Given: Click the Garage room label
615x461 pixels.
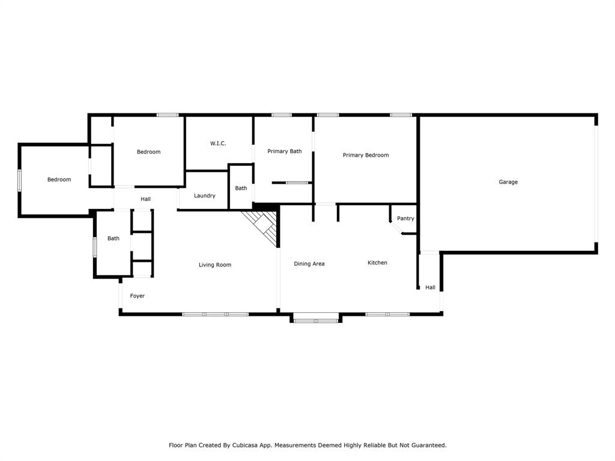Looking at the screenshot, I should (508, 182).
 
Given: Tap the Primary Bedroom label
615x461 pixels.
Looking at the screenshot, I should (365, 155).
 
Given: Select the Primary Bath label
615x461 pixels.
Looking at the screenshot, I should (285, 151).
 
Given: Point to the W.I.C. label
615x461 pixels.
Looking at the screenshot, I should (218, 143).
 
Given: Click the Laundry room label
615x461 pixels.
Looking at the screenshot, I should (205, 196).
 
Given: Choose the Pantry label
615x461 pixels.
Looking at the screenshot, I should (405, 218).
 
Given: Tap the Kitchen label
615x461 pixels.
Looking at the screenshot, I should (377, 262).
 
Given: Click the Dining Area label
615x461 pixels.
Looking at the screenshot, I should (309, 264).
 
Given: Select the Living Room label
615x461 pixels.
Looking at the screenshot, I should (215, 265).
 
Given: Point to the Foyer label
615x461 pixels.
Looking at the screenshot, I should (138, 296).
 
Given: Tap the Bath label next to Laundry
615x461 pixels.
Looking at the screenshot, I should (241, 188).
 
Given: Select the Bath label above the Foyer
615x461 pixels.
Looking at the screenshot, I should (114, 238).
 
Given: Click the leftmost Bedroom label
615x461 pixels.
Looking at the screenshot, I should (59, 179).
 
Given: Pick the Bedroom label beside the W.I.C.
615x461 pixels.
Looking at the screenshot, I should (148, 152).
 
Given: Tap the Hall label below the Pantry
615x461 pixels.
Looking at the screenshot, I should (430, 288).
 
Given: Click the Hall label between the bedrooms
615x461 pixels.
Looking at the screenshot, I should (146, 199).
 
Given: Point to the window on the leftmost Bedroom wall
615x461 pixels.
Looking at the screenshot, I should (19, 179).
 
